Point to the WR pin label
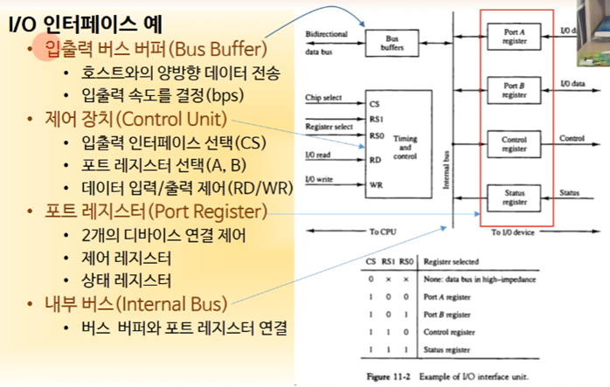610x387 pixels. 375,184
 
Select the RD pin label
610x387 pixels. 375,159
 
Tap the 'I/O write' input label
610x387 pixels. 321,179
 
